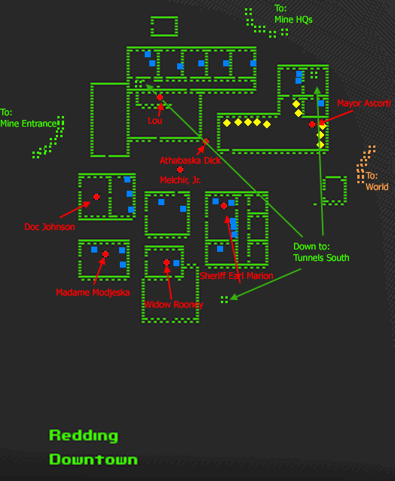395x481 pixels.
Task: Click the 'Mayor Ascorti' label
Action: (364, 103)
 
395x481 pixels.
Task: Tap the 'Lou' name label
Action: (155, 121)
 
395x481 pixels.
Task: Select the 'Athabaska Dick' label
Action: (190, 161)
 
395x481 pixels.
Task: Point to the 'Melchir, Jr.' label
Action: (180, 180)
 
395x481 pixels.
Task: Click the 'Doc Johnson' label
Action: (50, 227)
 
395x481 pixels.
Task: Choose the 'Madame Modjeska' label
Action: (93, 293)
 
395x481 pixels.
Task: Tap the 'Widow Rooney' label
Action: (173, 305)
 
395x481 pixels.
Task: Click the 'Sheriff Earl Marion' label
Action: (236, 276)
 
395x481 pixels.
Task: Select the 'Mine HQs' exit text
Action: (293, 20)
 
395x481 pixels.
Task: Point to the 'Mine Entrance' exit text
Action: (29, 124)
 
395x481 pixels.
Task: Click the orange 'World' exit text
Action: (377, 187)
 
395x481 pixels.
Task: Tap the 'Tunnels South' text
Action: (321, 258)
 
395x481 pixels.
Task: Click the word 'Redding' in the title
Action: (84, 436)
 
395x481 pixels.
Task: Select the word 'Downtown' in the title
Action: (93, 459)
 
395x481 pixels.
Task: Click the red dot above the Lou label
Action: (160, 97)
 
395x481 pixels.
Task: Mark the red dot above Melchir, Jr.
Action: (180, 170)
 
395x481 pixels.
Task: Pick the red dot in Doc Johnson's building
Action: (96, 197)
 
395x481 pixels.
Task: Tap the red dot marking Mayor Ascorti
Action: (312, 124)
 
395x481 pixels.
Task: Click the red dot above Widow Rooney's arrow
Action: (167, 262)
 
